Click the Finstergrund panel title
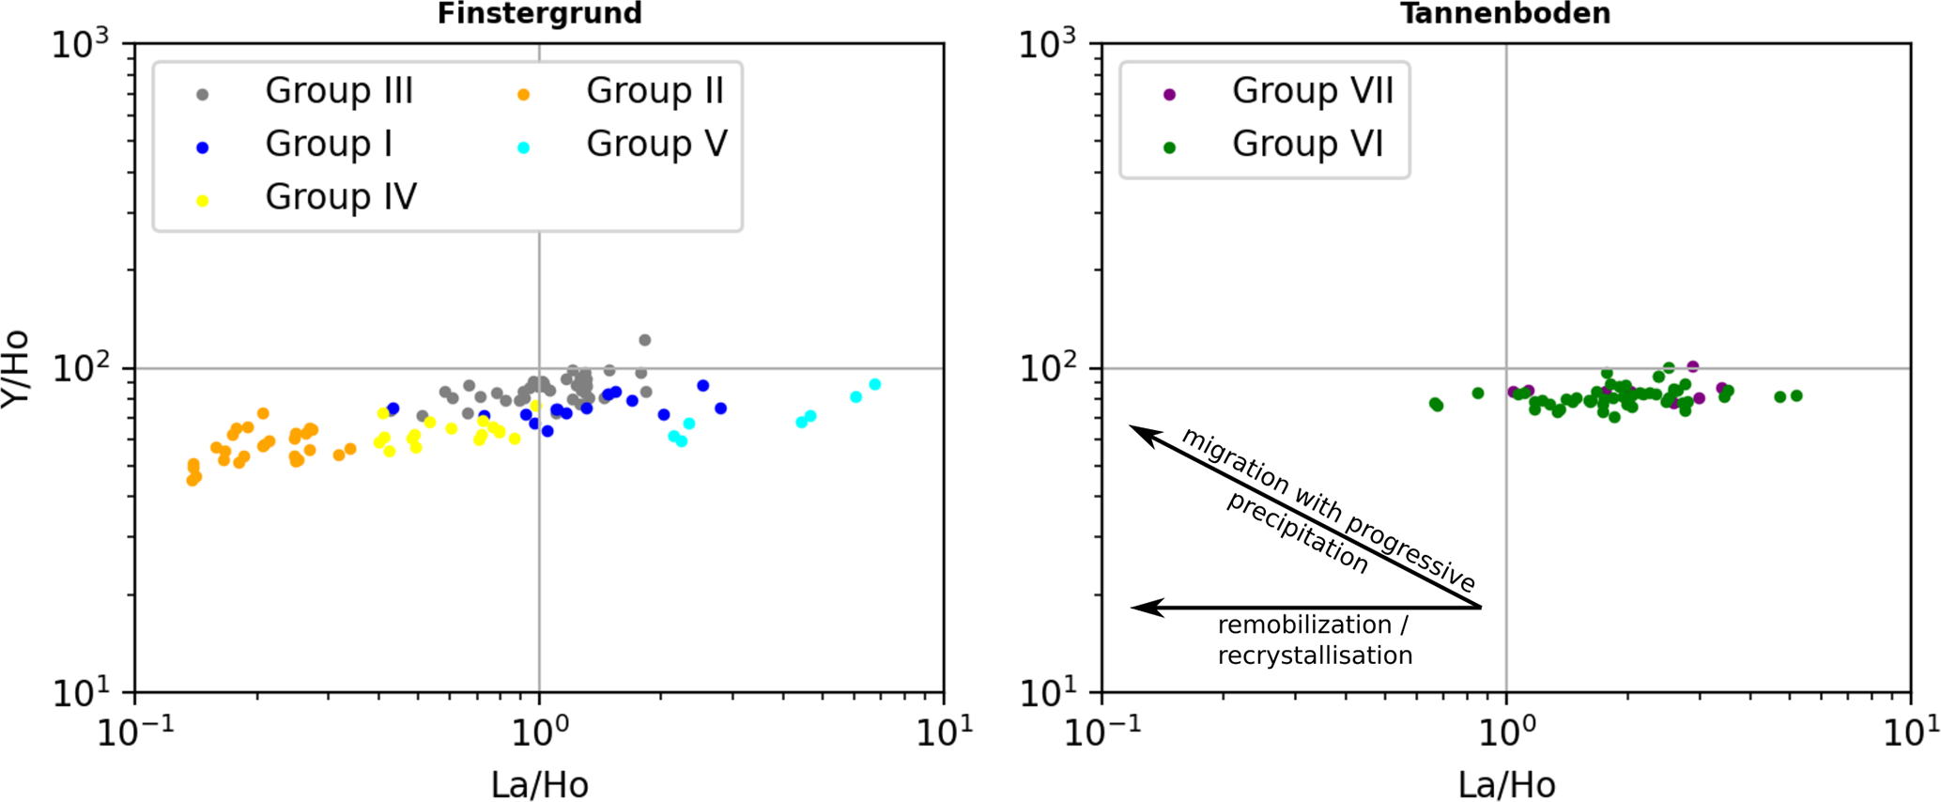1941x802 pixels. click(x=539, y=13)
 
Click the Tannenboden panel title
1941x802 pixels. click(x=1505, y=13)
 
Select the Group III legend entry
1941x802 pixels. click(x=338, y=91)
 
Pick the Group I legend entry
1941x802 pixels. click(x=328, y=145)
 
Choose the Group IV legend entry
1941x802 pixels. click(x=340, y=197)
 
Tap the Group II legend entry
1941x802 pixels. click(x=655, y=91)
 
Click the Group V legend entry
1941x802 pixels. click(x=656, y=145)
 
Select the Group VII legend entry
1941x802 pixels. click(x=1312, y=91)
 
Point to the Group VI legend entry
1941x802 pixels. click(x=1307, y=145)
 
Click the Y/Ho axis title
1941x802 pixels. click(x=16, y=368)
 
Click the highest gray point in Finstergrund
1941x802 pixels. click(x=645, y=340)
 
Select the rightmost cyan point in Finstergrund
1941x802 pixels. click(x=875, y=384)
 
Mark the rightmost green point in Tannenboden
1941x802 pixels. click(x=1796, y=395)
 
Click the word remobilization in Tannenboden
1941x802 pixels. click(x=1304, y=625)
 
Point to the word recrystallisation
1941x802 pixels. click(x=1315, y=655)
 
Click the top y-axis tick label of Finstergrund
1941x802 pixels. click(x=81, y=43)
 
